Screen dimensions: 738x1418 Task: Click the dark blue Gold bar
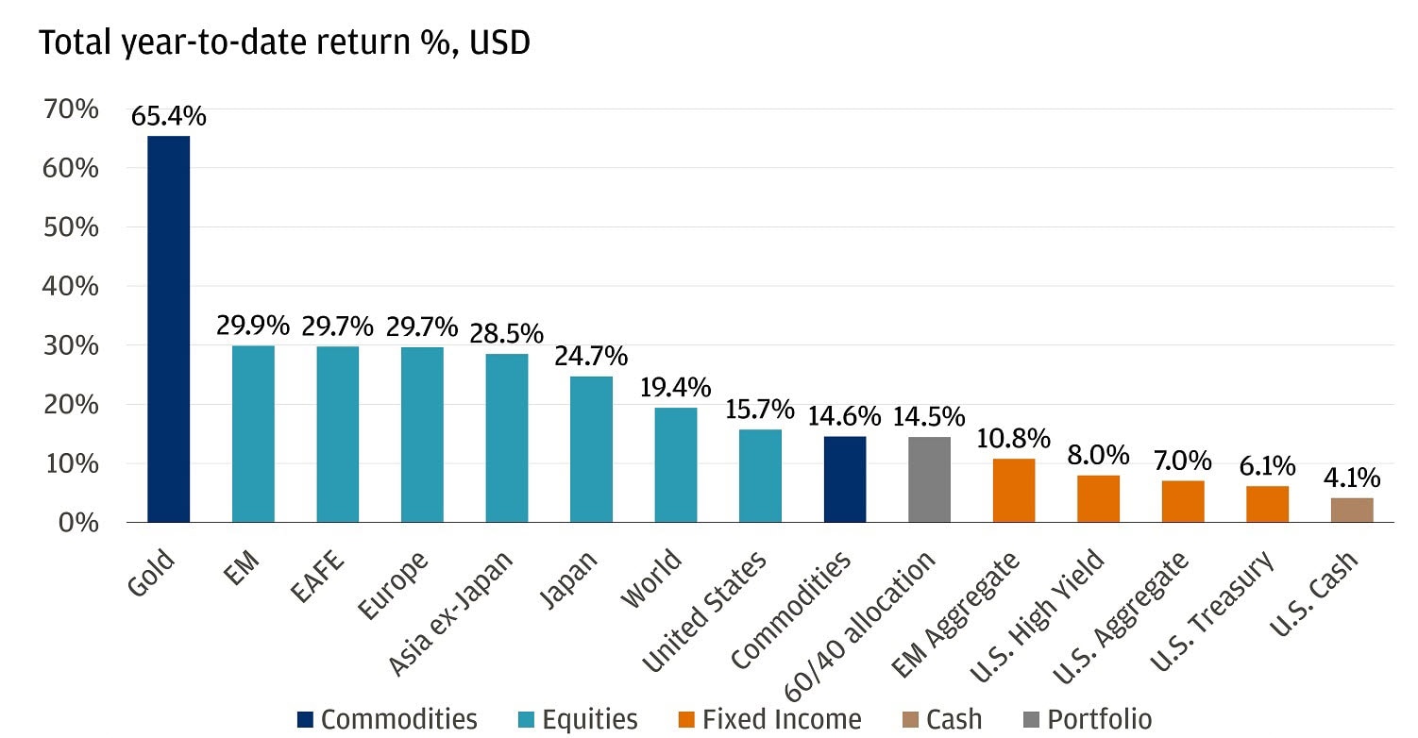coord(168,328)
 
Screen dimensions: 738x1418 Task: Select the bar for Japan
coord(591,449)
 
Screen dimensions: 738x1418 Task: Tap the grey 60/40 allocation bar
coord(929,479)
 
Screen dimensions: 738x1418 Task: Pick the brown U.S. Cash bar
coord(1352,510)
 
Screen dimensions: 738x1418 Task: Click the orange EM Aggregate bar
coord(1014,490)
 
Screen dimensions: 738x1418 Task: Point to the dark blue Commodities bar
coord(845,478)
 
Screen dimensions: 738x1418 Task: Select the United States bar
coord(760,476)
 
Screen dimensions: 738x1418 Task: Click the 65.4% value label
coord(169,117)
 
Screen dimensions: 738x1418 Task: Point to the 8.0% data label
coord(1099,455)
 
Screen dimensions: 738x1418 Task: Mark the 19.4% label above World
coord(676,388)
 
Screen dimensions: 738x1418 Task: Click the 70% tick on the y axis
coord(71,109)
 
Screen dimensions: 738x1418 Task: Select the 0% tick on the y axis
coord(77,522)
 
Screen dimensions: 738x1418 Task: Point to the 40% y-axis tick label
coord(71,286)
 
